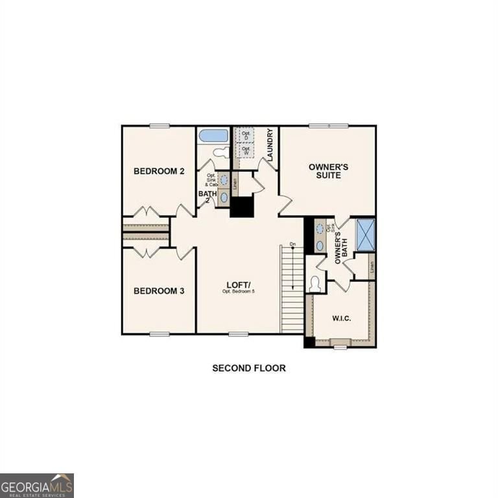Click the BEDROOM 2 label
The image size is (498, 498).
pos(159,171)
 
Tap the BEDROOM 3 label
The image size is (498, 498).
pos(159,291)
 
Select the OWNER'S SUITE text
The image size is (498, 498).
pos(328,171)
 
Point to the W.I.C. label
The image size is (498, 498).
pos(341,318)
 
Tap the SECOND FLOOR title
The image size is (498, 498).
pos(249,368)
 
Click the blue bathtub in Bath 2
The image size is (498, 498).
pos(213,136)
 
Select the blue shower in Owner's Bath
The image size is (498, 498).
pos(366,233)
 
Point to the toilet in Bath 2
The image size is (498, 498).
pos(220,153)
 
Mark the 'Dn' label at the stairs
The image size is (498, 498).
pos(293,244)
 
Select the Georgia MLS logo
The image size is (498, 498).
pos(37,485)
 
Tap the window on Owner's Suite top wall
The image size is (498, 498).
pos(328,126)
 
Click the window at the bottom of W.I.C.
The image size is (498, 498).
pos(340,347)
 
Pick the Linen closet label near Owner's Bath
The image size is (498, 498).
pos(372,266)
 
